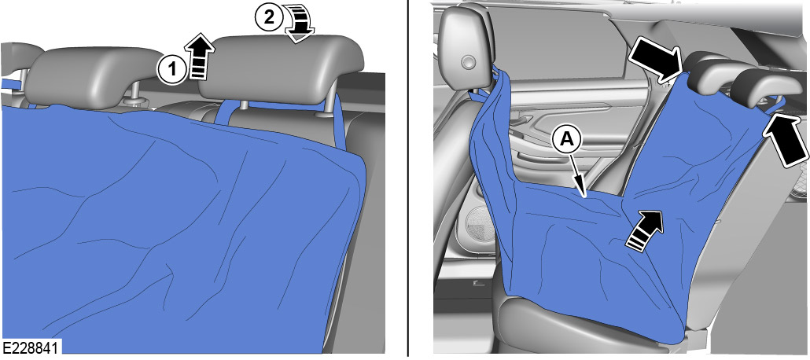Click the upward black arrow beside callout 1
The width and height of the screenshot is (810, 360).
pyautogui.click(x=201, y=57)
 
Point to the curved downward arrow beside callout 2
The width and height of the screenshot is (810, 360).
pyautogui.click(x=300, y=20)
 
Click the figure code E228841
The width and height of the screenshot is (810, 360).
pyautogui.click(x=31, y=347)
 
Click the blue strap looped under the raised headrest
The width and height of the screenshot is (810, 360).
pyautogui.click(x=228, y=110)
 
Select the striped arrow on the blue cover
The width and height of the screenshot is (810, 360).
pyautogui.click(x=645, y=230)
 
